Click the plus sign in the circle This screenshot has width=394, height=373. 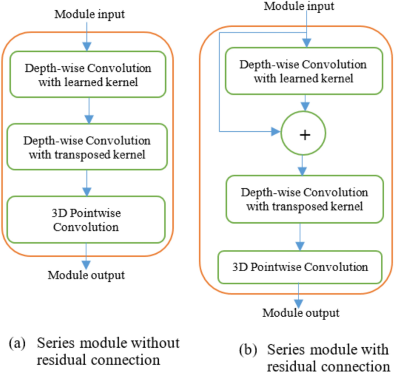305,134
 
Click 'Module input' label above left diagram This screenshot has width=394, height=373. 89,13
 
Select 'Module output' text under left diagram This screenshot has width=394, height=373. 86,275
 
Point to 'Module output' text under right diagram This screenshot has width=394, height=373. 301,313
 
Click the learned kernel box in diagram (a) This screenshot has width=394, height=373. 87,75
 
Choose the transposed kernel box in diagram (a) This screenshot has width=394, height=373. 87,147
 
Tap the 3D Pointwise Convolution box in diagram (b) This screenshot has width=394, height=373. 300,267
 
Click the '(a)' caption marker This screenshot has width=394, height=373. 17,344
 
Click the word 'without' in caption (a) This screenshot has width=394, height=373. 157,344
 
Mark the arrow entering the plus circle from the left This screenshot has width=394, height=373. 270,133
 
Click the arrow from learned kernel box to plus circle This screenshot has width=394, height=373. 305,103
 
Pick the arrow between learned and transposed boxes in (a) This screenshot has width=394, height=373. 87,111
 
